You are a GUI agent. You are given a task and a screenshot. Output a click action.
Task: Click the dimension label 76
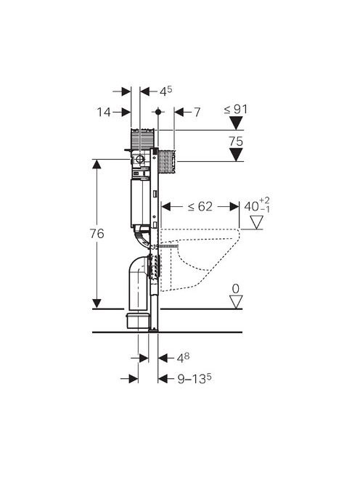(x=97, y=234)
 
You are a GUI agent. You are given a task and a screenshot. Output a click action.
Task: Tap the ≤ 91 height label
(x=236, y=109)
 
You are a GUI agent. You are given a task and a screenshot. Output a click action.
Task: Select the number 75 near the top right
(x=236, y=142)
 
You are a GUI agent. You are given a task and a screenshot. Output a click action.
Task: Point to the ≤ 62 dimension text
(x=200, y=207)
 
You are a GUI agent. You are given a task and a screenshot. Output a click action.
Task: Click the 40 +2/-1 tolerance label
(x=257, y=205)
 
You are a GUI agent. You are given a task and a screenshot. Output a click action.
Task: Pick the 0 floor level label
(x=236, y=289)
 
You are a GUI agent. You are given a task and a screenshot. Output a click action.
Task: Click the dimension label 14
(x=104, y=113)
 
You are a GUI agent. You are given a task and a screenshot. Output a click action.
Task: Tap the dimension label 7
(x=197, y=113)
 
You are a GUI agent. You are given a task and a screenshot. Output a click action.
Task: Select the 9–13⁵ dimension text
(x=195, y=378)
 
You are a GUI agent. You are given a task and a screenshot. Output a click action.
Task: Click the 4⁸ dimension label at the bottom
(x=183, y=357)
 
